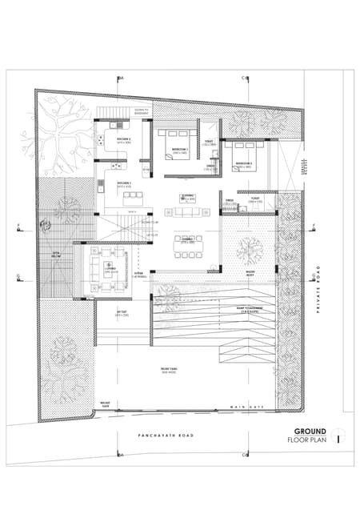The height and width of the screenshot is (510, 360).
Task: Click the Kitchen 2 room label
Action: (x=122, y=141)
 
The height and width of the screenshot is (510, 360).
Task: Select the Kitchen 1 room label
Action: (x=124, y=184)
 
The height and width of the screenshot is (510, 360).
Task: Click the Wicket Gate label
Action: (x=104, y=404)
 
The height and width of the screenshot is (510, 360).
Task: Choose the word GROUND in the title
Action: (x=310, y=432)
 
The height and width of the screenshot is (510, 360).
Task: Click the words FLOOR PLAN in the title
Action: (x=307, y=440)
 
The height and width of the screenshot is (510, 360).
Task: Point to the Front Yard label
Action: (x=168, y=371)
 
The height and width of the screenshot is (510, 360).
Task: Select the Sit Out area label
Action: (x=122, y=315)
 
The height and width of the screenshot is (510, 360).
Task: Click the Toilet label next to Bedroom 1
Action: (x=209, y=143)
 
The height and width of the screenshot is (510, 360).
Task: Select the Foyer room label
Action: (x=255, y=200)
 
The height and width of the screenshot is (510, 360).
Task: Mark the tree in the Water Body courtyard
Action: (x=249, y=251)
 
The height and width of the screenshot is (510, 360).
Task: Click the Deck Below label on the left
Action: (x=57, y=256)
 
